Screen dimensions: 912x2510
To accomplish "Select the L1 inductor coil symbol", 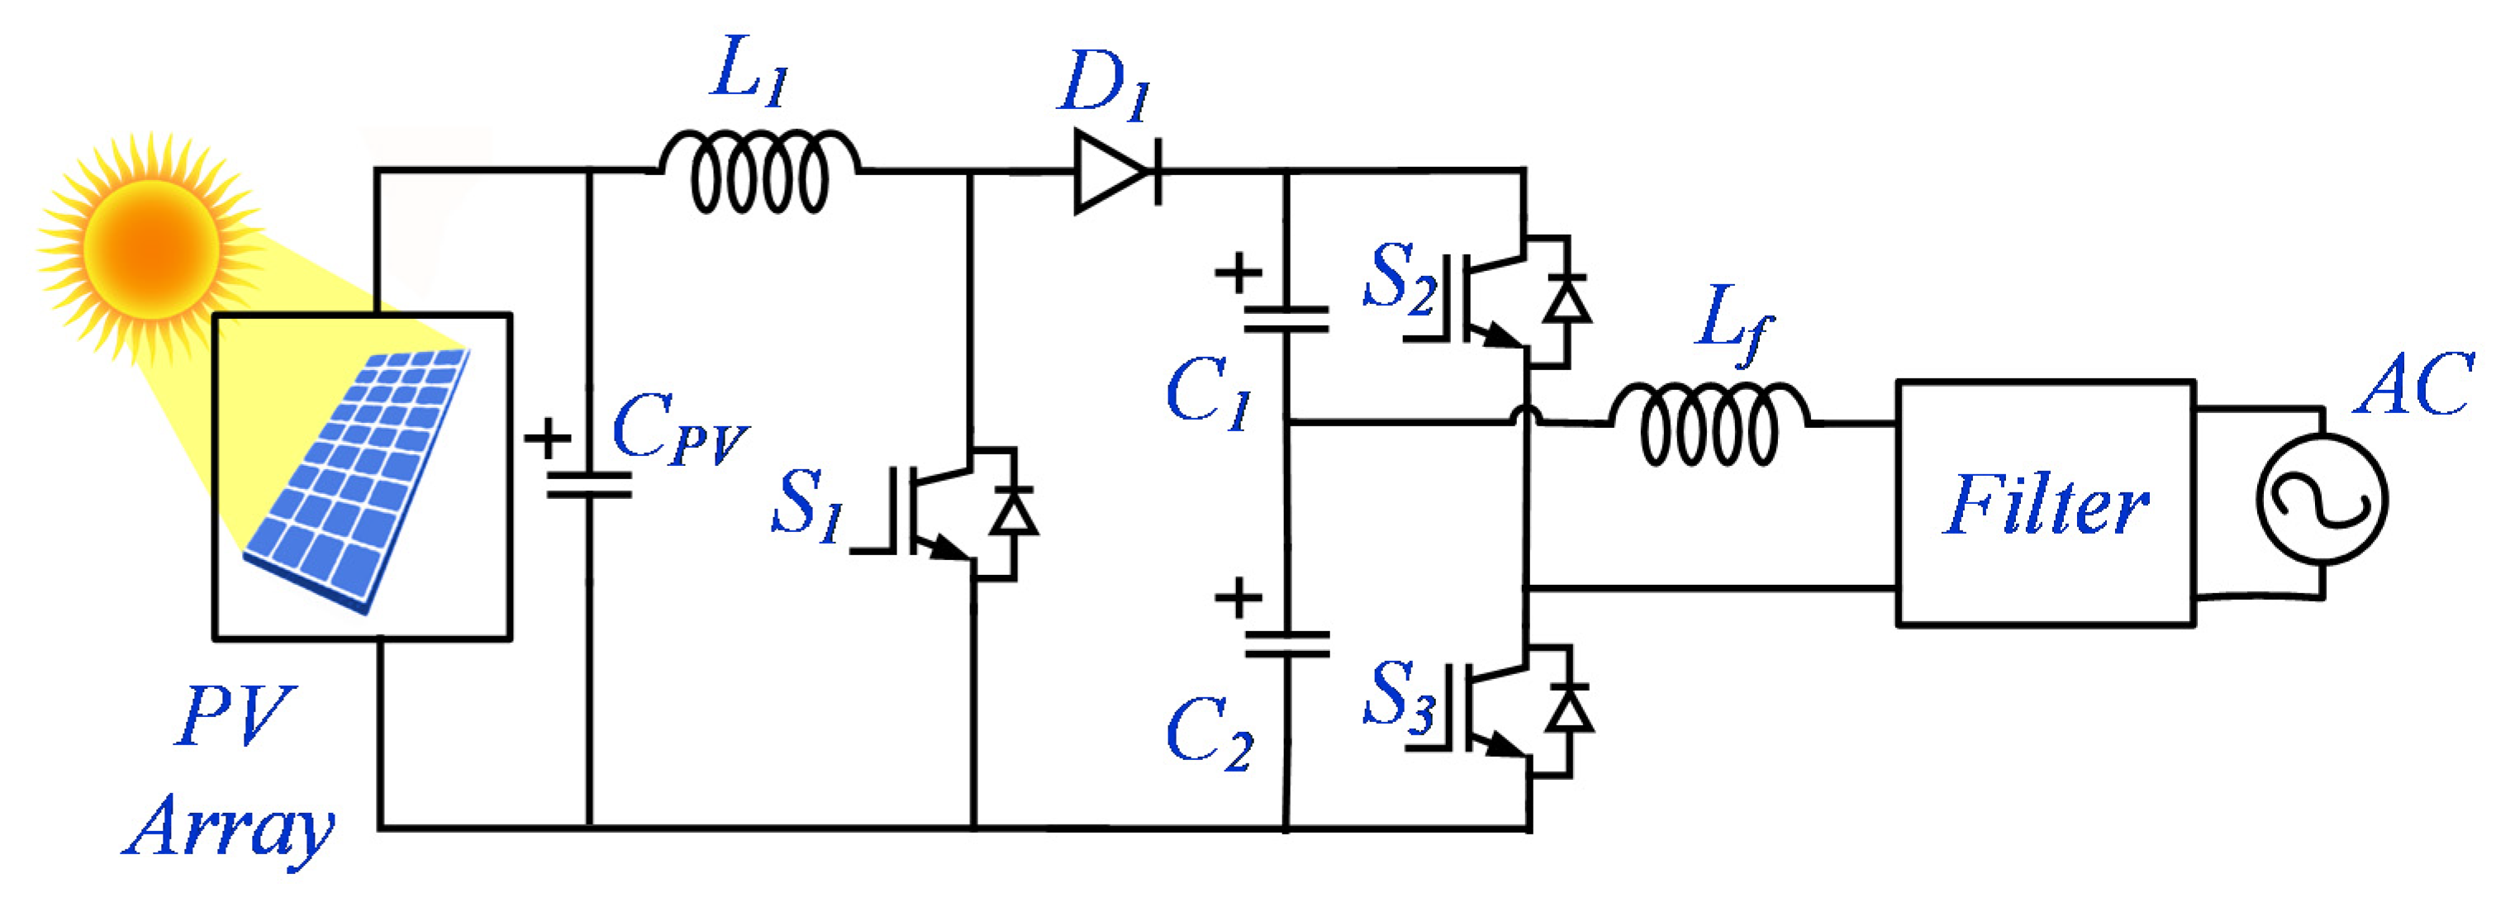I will click(x=759, y=174).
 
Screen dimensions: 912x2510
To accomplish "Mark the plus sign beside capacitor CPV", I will click(x=548, y=439).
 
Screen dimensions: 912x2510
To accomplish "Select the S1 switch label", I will click(x=806, y=504).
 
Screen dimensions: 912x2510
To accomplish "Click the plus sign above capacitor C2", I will click(x=1238, y=597).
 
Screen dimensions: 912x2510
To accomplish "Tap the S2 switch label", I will click(x=1398, y=278).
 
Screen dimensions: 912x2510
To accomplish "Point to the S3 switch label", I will click(x=1398, y=695).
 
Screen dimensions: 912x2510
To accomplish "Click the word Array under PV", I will click(x=230, y=829).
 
